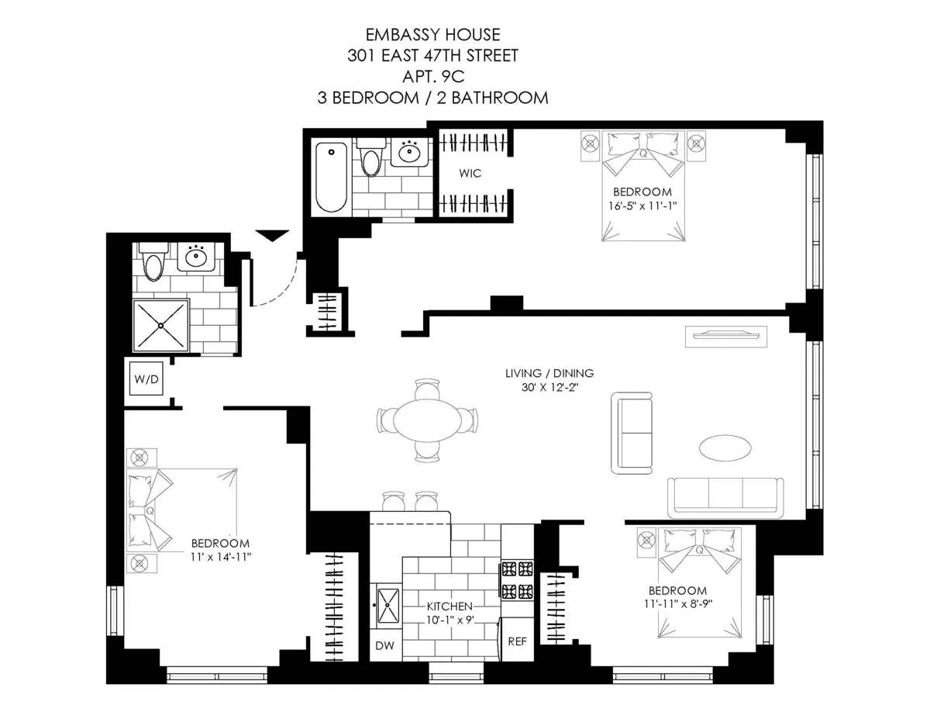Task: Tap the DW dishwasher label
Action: (x=385, y=645)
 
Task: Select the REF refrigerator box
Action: (x=517, y=642)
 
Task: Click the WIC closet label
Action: (x=470, y=173)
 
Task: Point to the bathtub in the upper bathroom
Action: (x=332, y=177)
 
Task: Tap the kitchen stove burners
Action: (x=517, y=579)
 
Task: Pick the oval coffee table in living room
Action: (x=725, y=448)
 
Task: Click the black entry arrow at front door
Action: (x=272, y=235)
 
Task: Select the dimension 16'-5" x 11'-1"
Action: (x=642, y=206)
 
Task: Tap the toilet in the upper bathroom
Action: (x=372, y=158)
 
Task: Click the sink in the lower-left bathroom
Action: (x=197, y=257)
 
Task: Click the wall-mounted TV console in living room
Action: (x=726, y=336)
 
